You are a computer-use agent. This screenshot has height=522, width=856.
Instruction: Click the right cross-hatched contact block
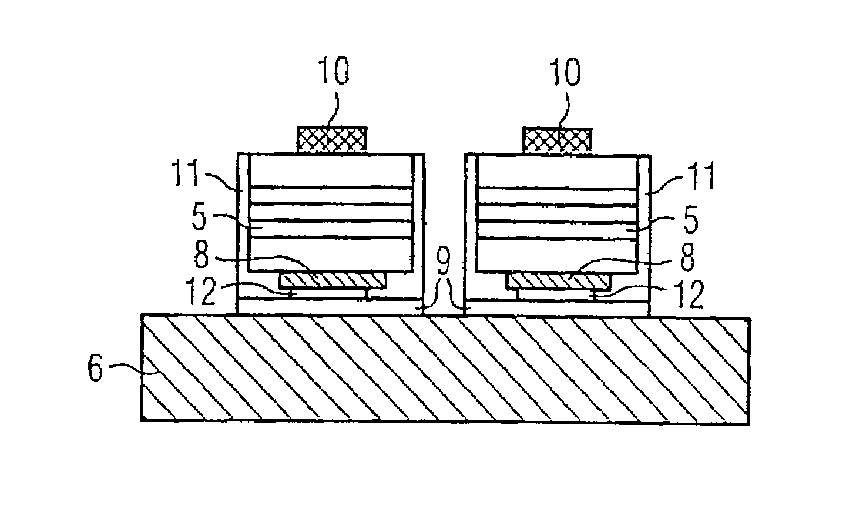pyautogui.click(x=556, y=139)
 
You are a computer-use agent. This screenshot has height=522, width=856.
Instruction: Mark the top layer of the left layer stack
pyautogui.click(x=331, y=170)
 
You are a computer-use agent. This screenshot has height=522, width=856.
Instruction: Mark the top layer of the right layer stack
pyautogui.click(x=557, y=170)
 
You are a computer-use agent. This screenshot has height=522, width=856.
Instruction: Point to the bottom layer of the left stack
pyautogui.click(x=331, y=255)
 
